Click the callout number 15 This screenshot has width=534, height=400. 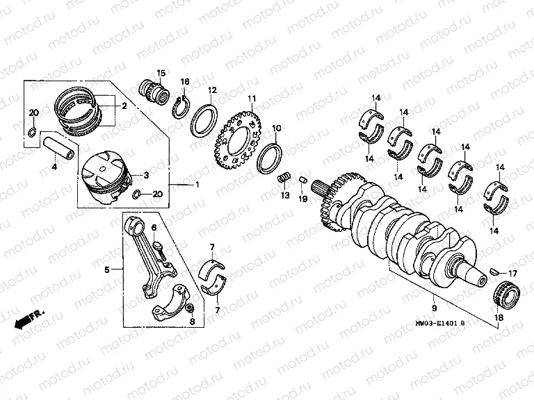click(161, 73)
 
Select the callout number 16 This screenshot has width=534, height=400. click(185, 82)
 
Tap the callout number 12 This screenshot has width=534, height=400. click(212, 90)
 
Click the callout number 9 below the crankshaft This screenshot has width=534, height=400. click(434, 306)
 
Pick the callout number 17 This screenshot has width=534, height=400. click(512, 272)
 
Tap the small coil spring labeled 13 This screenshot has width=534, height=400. click(284, 179)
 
